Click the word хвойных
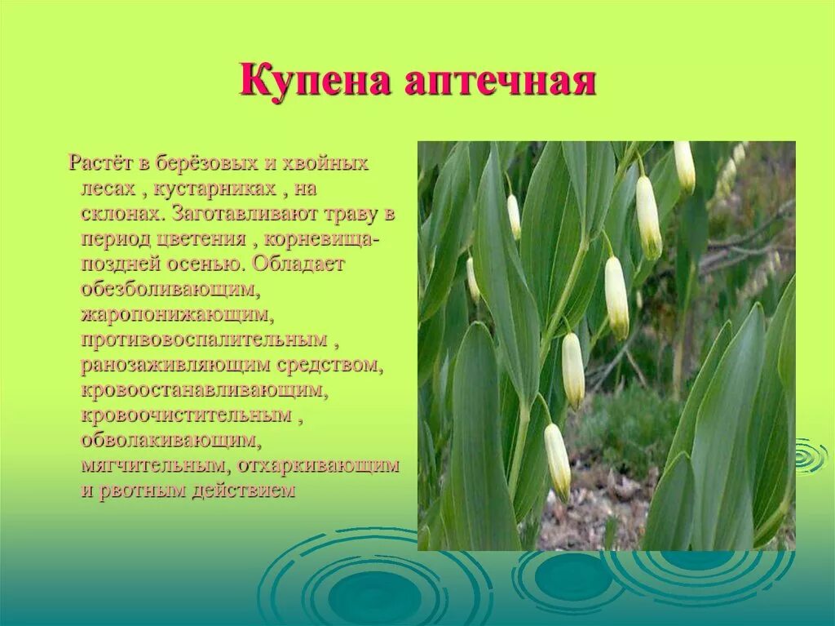tap(325, 162)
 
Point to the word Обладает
tap(299, 265)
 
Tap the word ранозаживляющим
tap(179, 365)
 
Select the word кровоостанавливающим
tap(205, 390)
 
